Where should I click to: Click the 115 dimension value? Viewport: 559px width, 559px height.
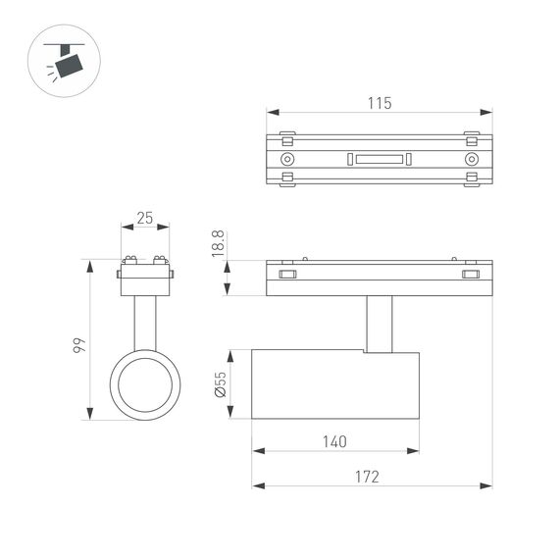pyautogui.click(x=380, y=103)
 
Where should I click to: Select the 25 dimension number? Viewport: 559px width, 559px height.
pyautogui.click(x=145, y=218)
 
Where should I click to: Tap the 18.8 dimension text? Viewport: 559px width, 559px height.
pyautogui.click(x=219, y=244)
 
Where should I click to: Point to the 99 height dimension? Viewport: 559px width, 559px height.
pyautogui.click(x=79, y=344)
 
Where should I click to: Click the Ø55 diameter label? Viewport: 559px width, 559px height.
pyautogui.click(x=220, y=384)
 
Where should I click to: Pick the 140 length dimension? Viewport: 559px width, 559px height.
pyautogui.click(x=333, y=441)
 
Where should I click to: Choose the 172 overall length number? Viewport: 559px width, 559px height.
pyautogui.click(x=366, y=477)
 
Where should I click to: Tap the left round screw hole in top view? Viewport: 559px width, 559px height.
pyautogui.click(x=287, y=159)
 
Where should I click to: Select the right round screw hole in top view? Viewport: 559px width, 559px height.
pyautogui.click(x=472, y=159)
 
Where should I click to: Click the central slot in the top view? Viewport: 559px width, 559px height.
pyautogui.click(x=380, y=159)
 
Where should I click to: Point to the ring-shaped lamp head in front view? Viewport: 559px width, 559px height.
pyautogui.click(x=145, y=383)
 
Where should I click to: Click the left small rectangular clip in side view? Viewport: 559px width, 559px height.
pyautogui.click(x=287, y=275)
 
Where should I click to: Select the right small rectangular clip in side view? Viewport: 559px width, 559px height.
pyautogui.click(x=472, y=275)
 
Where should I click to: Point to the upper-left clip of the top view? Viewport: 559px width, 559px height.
pyautogui.click(x=287, y=135)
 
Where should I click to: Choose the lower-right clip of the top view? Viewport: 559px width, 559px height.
pyautogui.click(x=472, y=180)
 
